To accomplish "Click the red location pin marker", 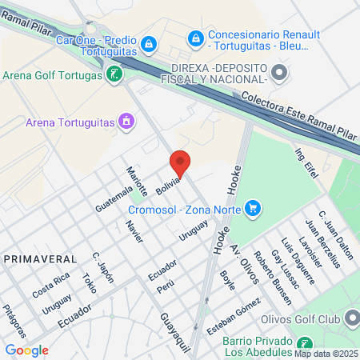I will (181, 163).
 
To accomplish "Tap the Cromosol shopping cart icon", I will (253, 210).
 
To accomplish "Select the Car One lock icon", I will (148, 43).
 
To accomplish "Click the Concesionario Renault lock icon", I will (195, 37).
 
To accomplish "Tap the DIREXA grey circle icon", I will (278, 74).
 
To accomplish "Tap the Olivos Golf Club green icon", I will (354, 319).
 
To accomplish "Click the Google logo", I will (26, 350).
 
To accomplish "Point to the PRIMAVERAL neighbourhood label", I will (41, 259).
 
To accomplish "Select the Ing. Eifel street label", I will (307, 164).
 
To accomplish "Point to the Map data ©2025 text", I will (325, 354).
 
